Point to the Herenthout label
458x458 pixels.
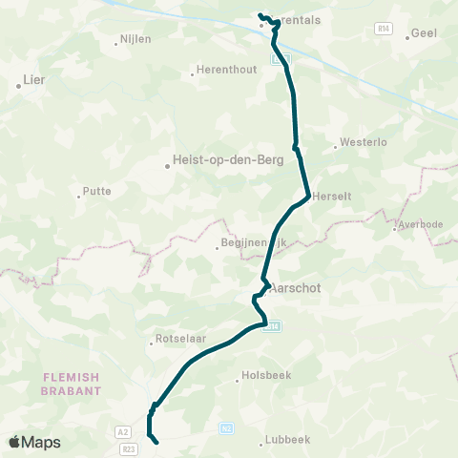(x=225, y=71)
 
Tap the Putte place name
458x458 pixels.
(x=97, y=191)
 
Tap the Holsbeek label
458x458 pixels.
(x=262, y=377)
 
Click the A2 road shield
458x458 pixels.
(x=123, y=432)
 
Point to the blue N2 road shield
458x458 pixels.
(x=226, y=428)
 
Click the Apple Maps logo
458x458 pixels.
(x=34, y=442)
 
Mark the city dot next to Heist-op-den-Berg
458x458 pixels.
(x=168, y=166)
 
